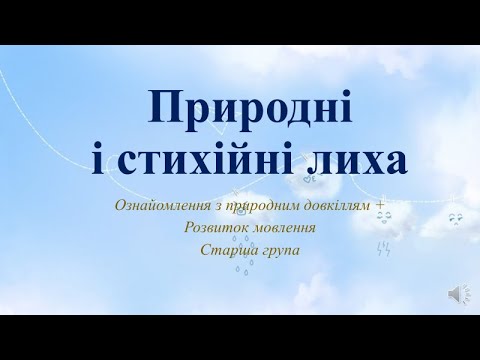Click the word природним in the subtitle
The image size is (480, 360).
[x=256, y=206]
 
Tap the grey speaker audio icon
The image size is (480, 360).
[x=454, y=293]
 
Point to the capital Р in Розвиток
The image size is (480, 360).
[x=185, y=228]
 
